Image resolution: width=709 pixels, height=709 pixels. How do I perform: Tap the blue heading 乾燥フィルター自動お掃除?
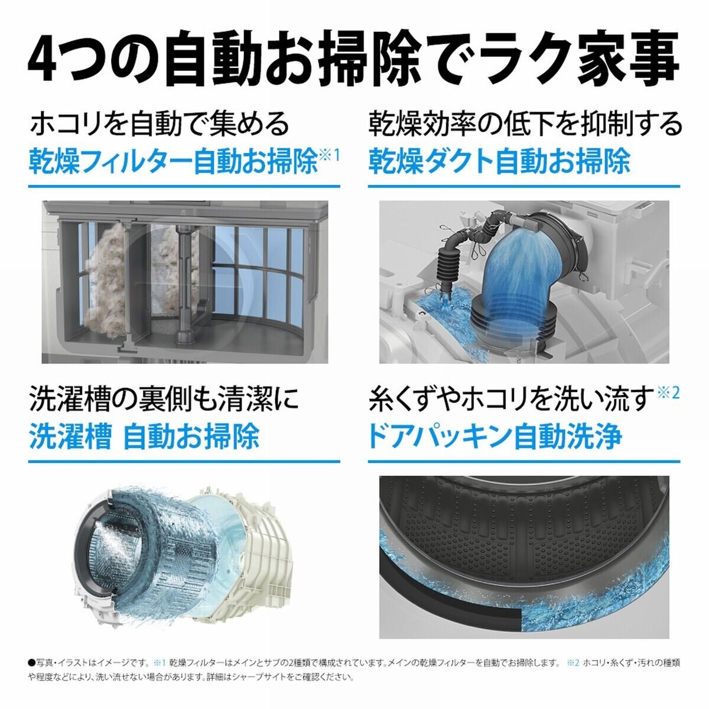173,161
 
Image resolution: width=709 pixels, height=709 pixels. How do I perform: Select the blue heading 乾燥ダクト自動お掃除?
499,161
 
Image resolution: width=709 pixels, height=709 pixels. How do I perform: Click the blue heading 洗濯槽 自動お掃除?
144,437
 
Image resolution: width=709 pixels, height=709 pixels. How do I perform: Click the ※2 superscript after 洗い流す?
668,393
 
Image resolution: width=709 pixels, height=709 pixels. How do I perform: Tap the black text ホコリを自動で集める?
160,124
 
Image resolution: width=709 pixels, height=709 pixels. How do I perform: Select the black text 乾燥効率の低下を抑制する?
525,124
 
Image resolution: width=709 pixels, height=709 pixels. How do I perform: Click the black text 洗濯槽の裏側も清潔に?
164,399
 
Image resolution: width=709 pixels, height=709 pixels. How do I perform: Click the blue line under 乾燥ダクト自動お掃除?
523,187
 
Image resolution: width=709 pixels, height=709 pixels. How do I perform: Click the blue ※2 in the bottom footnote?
573,663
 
